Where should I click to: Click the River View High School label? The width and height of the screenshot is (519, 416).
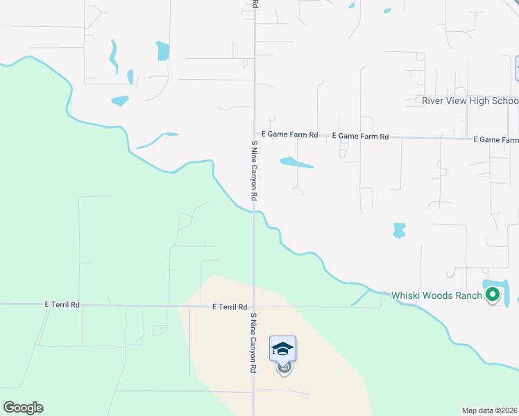coord(470,101)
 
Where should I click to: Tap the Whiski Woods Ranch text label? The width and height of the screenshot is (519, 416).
coord(436,295)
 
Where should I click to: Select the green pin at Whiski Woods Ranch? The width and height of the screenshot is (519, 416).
coord(493,295)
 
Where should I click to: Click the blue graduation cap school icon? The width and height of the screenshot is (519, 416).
coord(283,348)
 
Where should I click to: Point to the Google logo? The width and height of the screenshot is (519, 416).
coord(23,407)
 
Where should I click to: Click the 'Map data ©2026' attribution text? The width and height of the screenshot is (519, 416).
coord(490,410)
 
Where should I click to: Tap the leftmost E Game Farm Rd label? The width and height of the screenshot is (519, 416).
coord(289,135)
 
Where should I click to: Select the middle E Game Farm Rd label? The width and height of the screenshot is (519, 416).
coord(360,137)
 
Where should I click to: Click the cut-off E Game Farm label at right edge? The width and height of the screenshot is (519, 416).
coord(495,139)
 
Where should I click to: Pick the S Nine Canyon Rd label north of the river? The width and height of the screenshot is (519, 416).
coord(255,171)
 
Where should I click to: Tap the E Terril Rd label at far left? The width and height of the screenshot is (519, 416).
coord(62,304)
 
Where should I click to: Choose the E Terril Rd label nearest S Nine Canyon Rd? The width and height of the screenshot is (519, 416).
coord(230,306)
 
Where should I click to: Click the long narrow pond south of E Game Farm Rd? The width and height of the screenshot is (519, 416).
coord(297,163)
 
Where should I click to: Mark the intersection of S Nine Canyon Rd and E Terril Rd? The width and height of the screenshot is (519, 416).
coord(254,306)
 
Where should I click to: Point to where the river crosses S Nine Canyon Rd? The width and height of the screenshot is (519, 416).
coord(255,212)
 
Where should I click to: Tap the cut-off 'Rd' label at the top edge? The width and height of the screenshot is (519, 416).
coord(255,3)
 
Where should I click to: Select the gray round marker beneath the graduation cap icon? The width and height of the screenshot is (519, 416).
coord(284,367)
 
